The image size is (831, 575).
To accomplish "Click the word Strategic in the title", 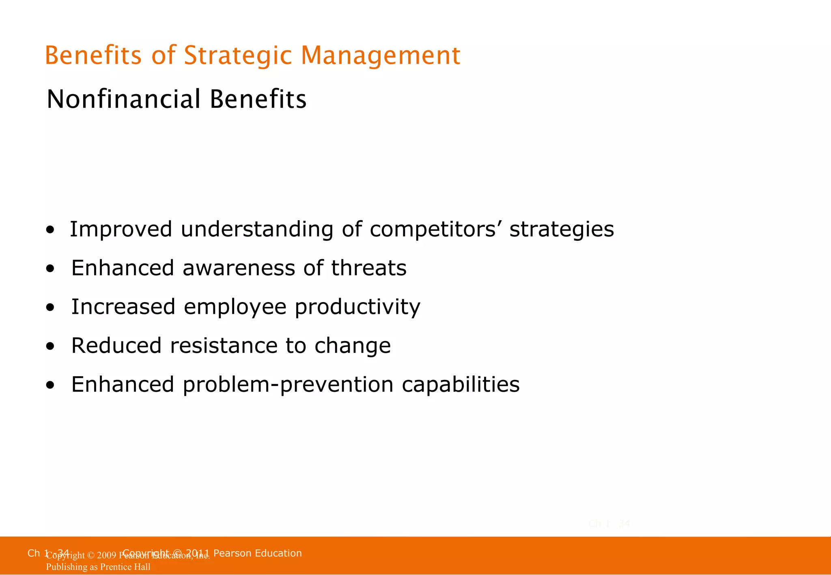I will [x=237, y=56].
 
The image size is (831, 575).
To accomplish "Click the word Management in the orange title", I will [x=380, y=56].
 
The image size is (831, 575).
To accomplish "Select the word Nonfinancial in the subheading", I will [x=123, y=99].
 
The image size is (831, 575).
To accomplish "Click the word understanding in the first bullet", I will [x=256, y=230].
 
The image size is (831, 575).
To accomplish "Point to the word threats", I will [x=368, y=268].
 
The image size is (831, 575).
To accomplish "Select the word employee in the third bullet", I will [x=235, y=307].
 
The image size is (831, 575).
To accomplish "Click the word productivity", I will [x=357, y=307].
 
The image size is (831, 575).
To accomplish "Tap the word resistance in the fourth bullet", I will [x=223, y=345].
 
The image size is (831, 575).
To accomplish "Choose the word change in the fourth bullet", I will [x=352, y=345].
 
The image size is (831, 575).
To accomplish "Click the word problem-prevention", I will [x=288, y=384].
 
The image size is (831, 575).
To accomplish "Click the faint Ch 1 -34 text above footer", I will [x=609, y=524].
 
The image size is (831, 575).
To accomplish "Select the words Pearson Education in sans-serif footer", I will [x=257, y=553].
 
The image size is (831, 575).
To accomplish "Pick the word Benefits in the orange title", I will [x=93, y=56].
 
